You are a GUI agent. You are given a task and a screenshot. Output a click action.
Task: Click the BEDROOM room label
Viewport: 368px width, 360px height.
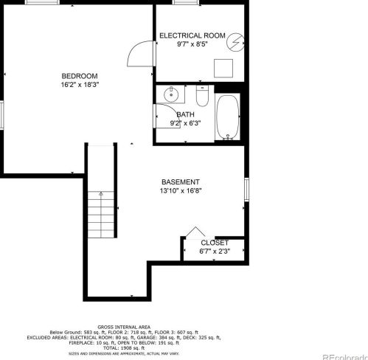click(x=79, y=76)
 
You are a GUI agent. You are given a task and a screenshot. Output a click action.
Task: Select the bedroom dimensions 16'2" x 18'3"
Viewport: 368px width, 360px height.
click(x=79, y=85)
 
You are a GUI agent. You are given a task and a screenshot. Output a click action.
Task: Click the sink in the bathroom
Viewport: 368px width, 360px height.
click(x=171, y=94)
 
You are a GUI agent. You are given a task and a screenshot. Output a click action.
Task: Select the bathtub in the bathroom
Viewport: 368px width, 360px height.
click(x=227, y=117)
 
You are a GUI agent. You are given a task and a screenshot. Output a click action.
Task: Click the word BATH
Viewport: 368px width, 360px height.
click(x=185, y=114)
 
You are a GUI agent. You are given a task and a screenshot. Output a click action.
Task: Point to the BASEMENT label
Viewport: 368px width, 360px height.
click(x=181, y=181)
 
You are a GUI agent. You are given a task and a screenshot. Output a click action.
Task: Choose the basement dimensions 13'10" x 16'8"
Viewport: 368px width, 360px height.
click(x=181, y=190)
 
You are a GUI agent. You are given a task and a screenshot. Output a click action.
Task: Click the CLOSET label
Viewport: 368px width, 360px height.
click(x=215, y=242)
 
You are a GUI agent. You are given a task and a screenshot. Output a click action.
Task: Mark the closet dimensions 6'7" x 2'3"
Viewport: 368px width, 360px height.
click(x=215, y=251)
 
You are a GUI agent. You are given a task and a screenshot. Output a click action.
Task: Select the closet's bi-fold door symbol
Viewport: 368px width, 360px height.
click(x=194, y=232)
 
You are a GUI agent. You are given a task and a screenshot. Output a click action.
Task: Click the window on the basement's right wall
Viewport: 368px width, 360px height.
click(x=246, y=189)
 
